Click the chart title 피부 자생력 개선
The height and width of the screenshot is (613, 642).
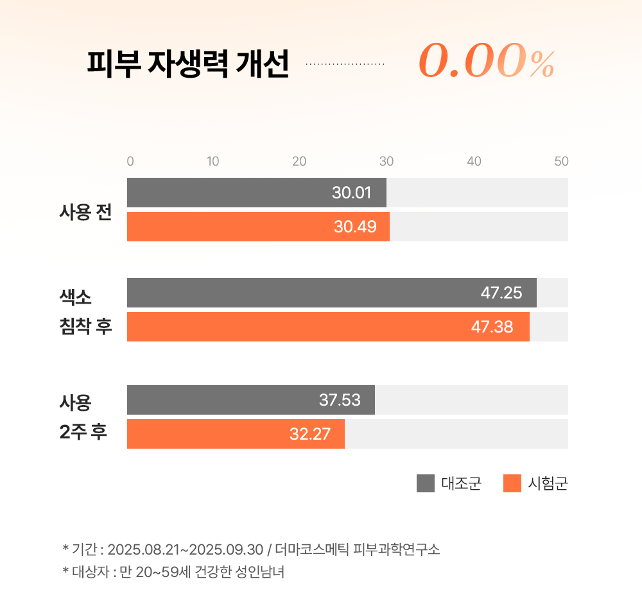[x=187, y=64]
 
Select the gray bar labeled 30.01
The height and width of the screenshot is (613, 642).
[x=257, y=193]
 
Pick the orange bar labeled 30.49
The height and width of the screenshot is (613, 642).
[x=258, y=227]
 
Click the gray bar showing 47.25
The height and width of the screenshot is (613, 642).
[x=331, y=293]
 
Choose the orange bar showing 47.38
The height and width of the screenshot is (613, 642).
[x=328, y=327]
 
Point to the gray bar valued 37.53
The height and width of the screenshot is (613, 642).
[x=251, y=400]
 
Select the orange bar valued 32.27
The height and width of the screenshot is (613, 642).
[x=236, y=434]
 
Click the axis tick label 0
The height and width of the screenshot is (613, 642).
[x=130, y=162]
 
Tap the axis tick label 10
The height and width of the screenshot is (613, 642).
[x=213, y=162]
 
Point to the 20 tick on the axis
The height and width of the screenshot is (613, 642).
[x=299, y=162]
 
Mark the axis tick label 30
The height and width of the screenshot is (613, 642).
[x=386, y=162]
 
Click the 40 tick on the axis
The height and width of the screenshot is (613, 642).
[x=474, y=162]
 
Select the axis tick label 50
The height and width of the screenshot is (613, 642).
[x=561, y=162]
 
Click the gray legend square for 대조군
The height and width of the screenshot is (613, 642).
[x=426, y=483]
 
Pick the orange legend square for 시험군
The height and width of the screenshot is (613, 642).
[x=512, y=483]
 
